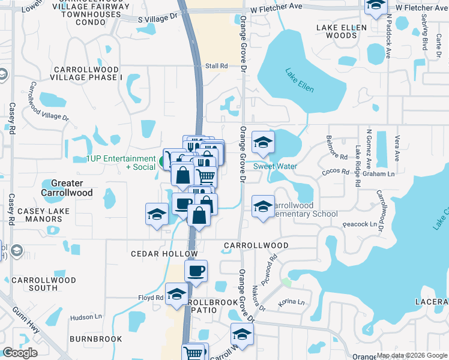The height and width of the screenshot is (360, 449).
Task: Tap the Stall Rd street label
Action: (217, 66)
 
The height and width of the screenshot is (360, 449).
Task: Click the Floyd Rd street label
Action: (151, 298)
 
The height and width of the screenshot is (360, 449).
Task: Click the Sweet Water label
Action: (275, 166)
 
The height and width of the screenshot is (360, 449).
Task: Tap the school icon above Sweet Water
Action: (263, 143)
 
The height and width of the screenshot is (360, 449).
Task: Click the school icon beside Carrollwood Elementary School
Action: (263, 207)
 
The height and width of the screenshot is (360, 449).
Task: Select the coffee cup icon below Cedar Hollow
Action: (196, 271)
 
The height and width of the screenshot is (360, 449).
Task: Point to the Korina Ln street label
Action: (292, 304)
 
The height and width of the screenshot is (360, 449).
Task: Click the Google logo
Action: (20, 353)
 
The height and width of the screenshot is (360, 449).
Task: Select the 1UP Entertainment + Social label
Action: (121, 162)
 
